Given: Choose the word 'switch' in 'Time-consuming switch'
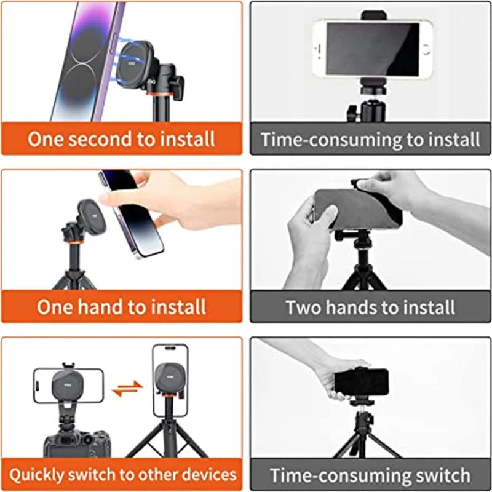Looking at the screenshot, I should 437,475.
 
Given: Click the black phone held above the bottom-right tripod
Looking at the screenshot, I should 362,383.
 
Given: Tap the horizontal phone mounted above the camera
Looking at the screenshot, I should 68,385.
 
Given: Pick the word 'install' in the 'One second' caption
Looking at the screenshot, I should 185,138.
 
